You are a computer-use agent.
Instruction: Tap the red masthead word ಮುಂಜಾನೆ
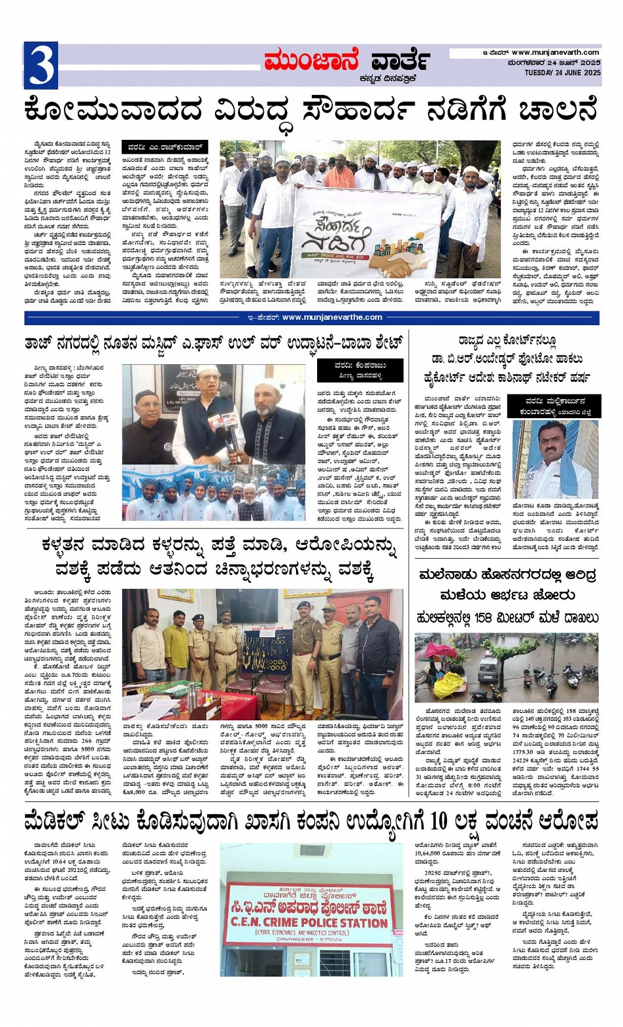(x=311, y=61)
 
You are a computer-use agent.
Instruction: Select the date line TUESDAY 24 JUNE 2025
(x=558, y=73)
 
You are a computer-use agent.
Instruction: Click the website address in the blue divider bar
(x=331, y=317)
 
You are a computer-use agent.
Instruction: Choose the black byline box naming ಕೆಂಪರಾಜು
(x=360, y=370)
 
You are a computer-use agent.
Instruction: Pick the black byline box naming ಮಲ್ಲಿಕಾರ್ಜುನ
(x=554, y=406)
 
